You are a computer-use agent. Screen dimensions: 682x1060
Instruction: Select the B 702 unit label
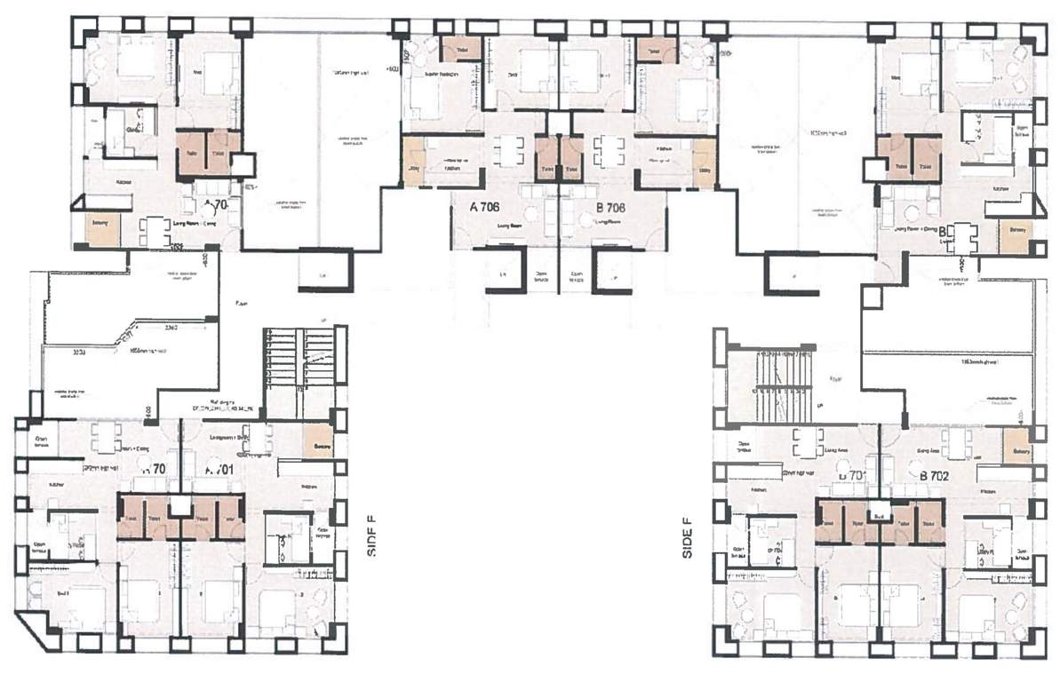click(936, 477)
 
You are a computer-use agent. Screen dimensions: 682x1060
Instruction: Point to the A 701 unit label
click(219, 469)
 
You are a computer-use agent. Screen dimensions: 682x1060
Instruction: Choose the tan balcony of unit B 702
click(1016, 446)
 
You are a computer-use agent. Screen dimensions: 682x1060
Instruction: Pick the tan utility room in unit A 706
click(413, 162)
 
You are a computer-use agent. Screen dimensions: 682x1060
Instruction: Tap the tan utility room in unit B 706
click(704, 162)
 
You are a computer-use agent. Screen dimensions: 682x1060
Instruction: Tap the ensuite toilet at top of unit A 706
click(461, 48)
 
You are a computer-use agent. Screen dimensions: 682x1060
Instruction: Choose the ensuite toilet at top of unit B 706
click(656, 50)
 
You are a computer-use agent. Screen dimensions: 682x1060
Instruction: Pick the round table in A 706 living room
click(531, 213)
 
